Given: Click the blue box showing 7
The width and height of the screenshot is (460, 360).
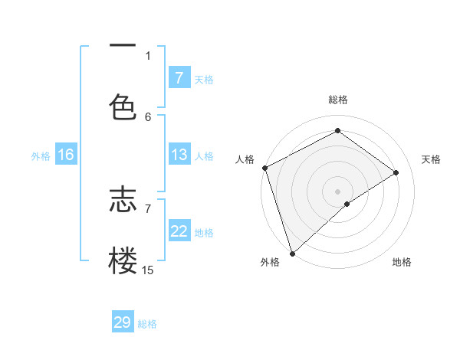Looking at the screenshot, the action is click(x=179, y=78).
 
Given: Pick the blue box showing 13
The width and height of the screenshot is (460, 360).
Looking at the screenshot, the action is click(x=179, y=155).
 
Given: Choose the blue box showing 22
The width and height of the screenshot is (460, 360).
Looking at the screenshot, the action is click(x=179, y=231).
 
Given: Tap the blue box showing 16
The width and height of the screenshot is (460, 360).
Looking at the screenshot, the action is click(x=65, y=155).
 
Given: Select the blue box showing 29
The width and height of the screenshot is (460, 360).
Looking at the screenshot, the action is click(x=123, y=322).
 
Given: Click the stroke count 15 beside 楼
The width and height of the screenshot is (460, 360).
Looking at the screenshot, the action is click(x=147, y=270).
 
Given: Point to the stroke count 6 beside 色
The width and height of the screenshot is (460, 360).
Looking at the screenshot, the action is click(x=148, y=116).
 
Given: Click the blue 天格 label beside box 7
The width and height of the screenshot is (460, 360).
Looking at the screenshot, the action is click(x=204, y=79).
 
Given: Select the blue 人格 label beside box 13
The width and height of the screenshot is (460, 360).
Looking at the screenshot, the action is click(x=204, y=156).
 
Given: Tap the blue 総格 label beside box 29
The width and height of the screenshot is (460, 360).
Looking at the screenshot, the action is click(x=147, y=323).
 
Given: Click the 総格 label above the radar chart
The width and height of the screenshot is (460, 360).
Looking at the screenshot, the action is click(x=338, y=100).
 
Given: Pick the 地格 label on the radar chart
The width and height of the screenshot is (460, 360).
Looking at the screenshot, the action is click(x=402, y=262).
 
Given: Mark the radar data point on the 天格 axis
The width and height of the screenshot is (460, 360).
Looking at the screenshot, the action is click(x=396, y=172).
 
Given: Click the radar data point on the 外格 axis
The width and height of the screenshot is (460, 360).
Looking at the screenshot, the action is click(x=292, y=253).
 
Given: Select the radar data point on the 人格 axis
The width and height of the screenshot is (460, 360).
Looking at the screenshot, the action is click(x=264, y=168).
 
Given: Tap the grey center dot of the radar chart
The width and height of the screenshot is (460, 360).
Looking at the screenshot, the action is click(x=337, y=191).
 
